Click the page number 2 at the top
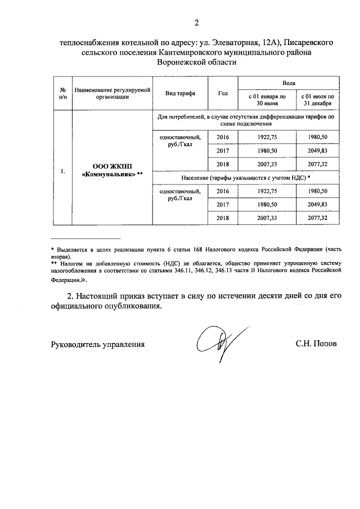196,23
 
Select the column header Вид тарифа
181,93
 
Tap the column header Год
223,93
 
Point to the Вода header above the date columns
289,82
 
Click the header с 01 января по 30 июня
267,100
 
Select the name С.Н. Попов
316,344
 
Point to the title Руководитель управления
98,344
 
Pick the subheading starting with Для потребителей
246,120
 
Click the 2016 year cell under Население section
223,191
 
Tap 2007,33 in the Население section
267,218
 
